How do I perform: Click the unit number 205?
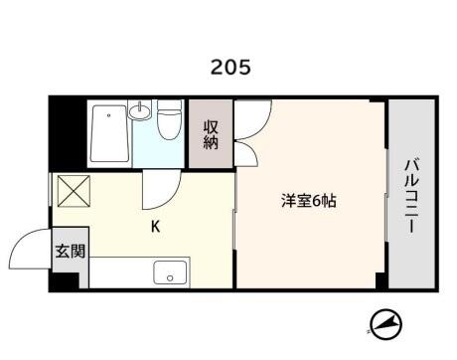[230, 67]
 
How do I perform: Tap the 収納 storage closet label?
[211, 135]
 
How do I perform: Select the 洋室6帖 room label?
[309, 201]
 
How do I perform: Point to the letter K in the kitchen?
[156, 227]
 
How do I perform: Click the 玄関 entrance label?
[71, 251]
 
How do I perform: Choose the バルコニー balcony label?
[411, 197]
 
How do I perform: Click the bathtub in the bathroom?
[109, 133]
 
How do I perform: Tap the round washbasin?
[140, 111]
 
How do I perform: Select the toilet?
[170, 120]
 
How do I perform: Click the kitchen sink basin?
[170, 272]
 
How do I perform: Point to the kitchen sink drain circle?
[170, 278]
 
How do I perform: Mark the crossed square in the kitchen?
[74, 191]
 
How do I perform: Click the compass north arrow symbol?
[385, 323]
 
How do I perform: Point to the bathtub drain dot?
[108, 115]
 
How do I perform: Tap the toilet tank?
[170, 106]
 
